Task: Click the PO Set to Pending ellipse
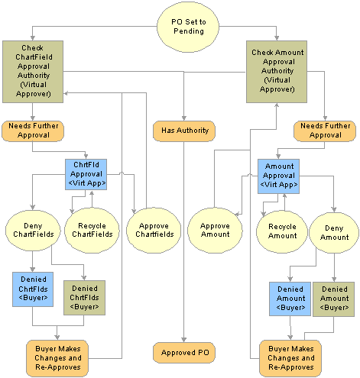pyautogui.click(x=188, y=27)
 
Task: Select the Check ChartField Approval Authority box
pyautogui.click(x=33, y=72)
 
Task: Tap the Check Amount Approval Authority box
pyautogui.click(x=277, y=72)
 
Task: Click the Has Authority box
pyautogui.click(x=184, y=131)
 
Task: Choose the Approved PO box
pyautogui.click(x=184, y=353)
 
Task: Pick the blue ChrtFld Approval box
pyautogui.click(x=86, y=174)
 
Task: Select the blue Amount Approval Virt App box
pyautogui.click(x=278, y=176)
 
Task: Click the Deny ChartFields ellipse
pyautogui.click(x=33, y=230)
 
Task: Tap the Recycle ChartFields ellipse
pyautogui.click(x=92, y=230)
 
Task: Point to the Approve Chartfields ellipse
pyautogui.click(x=154, y=230)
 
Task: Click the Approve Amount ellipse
pyautogui.click(x=215, y=230)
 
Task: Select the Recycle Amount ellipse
pyautogui.click(x=282, y=231)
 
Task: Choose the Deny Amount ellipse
pyautogui.click(x=334, y=233)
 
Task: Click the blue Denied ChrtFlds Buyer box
pyautogui.click(x=33, y=289)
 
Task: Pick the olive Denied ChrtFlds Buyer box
pyautogui.click(x=84, y=298)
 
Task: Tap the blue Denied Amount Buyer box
pyautogui.click(x=290, y=299)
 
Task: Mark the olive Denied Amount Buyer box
pyautogui.click(x=333, y=299)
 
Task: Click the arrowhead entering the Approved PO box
pyautogui.click(x=184, y=340)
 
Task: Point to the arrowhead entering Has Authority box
pyautogui.click(x=184, y=118)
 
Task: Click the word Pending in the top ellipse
pyautogui.click(x=189, y=31)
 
